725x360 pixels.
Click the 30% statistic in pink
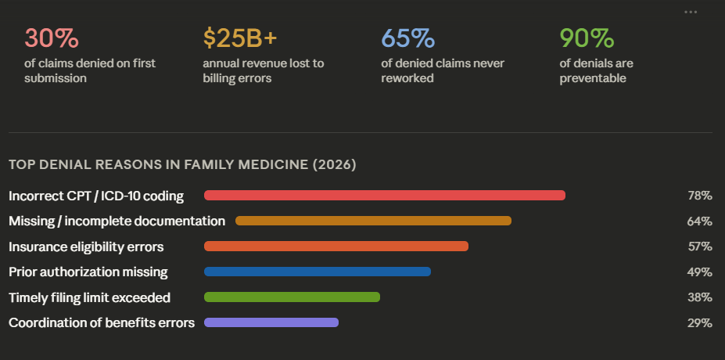(52, 38)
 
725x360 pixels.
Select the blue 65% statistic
(407, 38)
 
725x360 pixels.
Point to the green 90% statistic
(586, 38)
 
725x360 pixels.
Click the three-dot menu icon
(690, 12)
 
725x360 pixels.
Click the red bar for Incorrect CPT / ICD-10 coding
(384, 196)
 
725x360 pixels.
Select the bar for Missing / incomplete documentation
(373, 221)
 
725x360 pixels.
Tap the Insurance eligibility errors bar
(336, 247)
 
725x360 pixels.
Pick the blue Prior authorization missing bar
(317, 272)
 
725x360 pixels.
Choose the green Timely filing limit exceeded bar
(292, 297)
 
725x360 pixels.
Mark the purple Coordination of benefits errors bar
(271, 322)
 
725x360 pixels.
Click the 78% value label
(699, 196)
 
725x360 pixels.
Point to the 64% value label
(699, 221)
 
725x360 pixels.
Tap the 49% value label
(699, 272)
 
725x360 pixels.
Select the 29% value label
(699, 323)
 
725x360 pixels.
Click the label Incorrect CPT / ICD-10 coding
(96, 196)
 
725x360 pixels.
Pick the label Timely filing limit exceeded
(89, 297)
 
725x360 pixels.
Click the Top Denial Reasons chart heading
(182, 165)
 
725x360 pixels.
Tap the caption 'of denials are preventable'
(596, 70)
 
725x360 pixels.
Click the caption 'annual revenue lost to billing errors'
(263, 70)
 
